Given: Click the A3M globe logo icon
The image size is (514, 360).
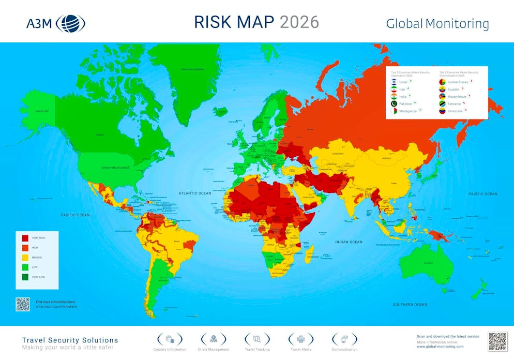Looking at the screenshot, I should pos(70,23).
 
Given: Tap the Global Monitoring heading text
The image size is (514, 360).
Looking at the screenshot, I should pos(437,24).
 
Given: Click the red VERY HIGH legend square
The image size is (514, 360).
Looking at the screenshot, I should pos(25,238).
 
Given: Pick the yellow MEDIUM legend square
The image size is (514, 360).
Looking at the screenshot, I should pos(25,257).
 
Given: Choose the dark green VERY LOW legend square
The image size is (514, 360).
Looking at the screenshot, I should pos(25,276).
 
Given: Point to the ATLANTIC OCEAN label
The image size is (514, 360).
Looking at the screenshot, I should pos(195,193).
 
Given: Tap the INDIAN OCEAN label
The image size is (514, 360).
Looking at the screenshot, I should pos(348,242).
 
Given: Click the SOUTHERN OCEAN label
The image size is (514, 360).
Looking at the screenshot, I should pos(410,305).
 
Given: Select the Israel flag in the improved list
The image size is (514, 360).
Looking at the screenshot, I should pos(394,82).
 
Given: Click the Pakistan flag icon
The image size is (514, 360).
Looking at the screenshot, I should pos(394,104).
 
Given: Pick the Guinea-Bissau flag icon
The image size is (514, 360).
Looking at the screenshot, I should pos(442,82).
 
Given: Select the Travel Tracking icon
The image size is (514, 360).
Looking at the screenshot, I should pos(258,339).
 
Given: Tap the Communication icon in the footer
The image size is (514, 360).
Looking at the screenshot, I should pos(344,339).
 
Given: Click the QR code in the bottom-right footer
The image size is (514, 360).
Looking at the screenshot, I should pos(498,341).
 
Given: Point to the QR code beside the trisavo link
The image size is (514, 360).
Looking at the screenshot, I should pos(22,304).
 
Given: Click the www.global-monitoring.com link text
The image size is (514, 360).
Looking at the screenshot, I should pos(440,347).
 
